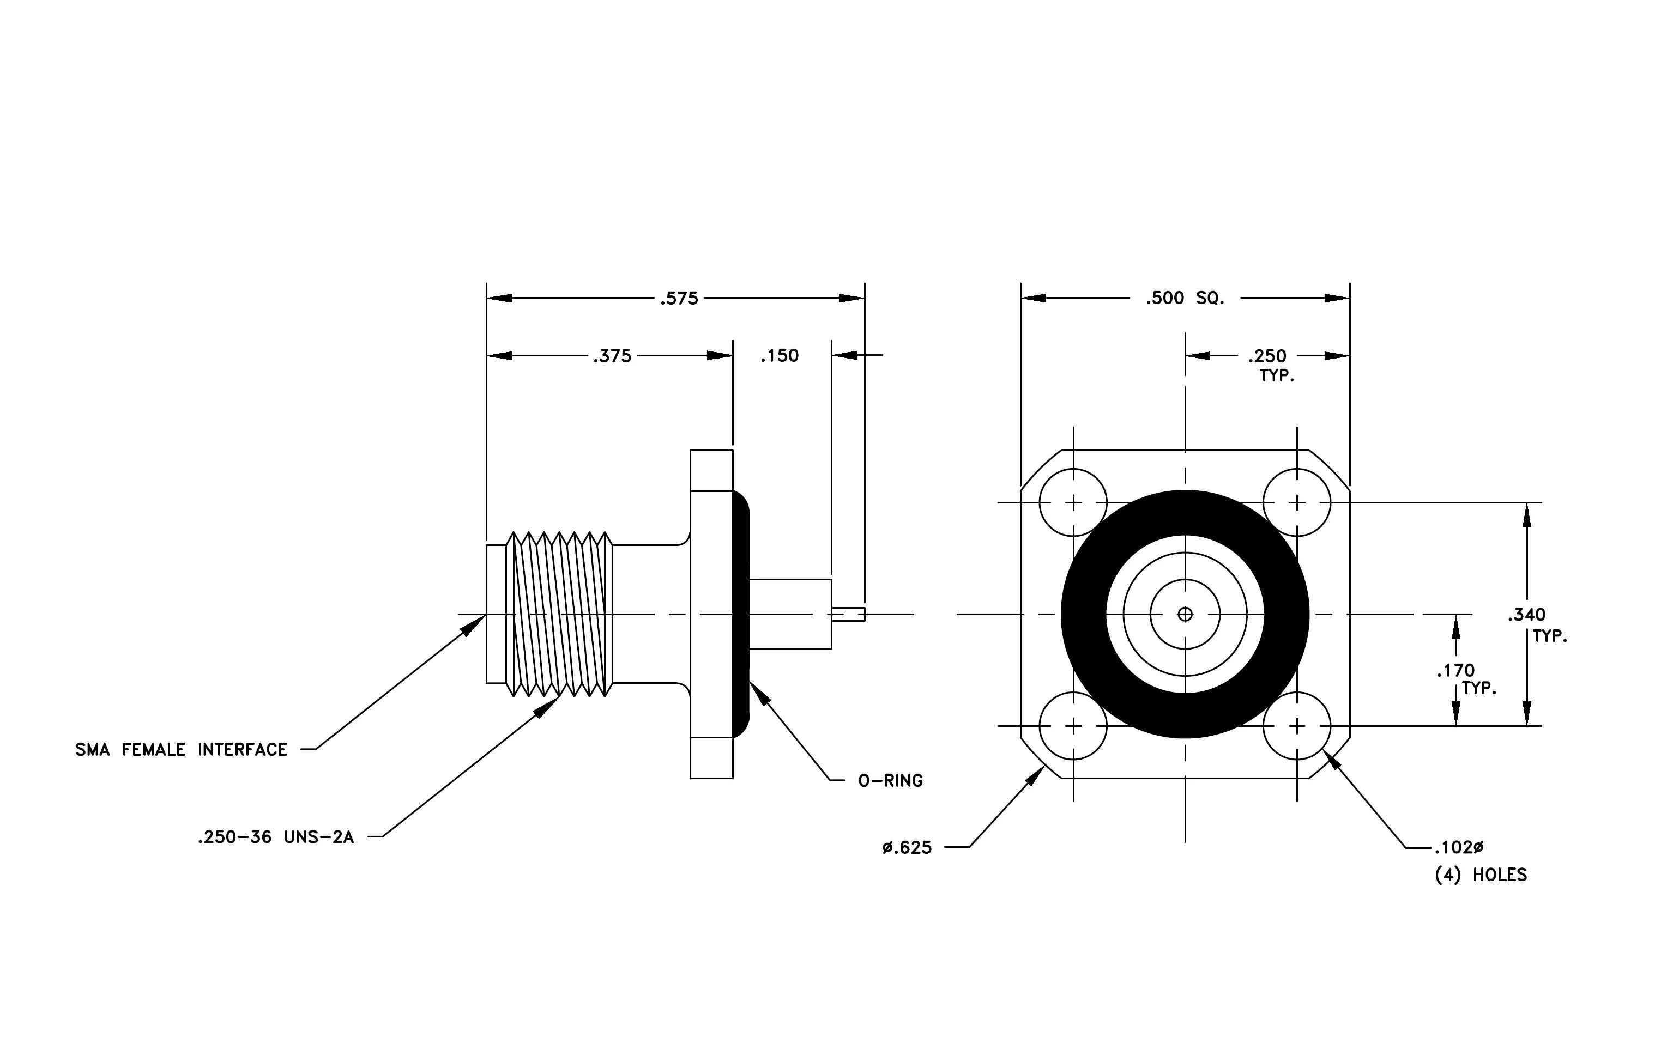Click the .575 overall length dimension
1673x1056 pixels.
click(x=679, y=299)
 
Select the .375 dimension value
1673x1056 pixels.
click(x=612, y=356)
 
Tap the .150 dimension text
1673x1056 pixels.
click(x=780, y=356)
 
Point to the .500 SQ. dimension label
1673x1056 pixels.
click(x=1185, y=299)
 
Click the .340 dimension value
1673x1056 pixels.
click(x=1526, y=615)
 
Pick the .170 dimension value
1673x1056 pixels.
click(x=1455, y=671)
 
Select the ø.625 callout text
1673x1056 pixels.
click(x=907, y=848)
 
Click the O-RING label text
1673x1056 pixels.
click(x=891, y=780)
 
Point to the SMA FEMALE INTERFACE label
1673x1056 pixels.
click(x=182, y=749)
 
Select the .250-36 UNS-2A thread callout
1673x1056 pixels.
click(x=276, y=837)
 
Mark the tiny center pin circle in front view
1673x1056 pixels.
click(x=1185, y=615)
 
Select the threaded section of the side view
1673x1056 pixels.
click(x=559, y=615)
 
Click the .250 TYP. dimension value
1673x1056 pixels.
click(x=1267, y=356)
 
